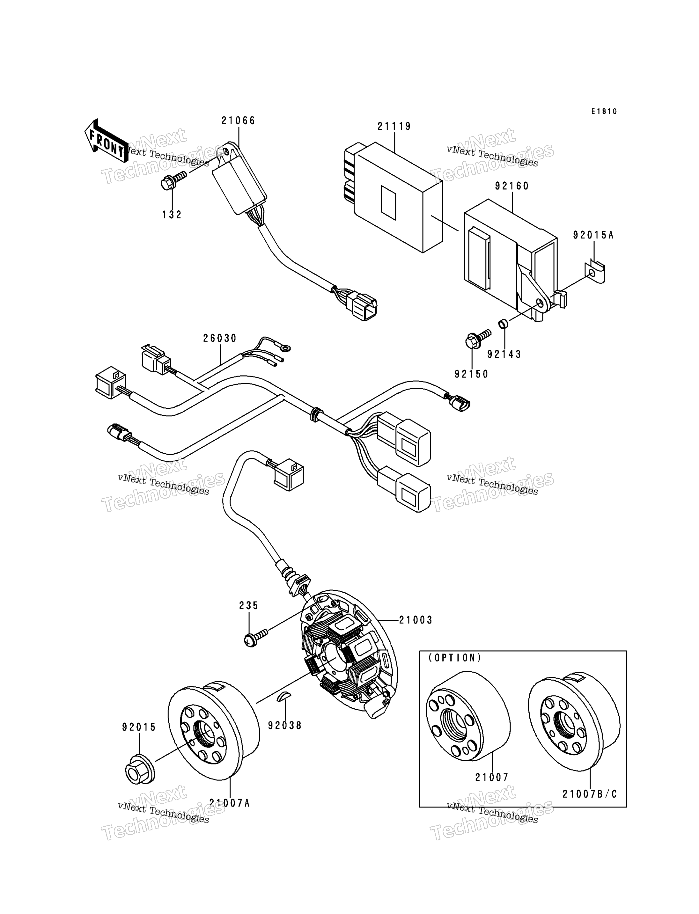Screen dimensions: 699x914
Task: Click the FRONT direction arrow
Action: click(x=106, y=141)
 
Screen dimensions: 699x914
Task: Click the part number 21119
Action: click(x=394, y=126)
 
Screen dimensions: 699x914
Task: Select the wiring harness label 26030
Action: click(x=220, y=338)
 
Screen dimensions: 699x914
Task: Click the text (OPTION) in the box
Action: click(x=455, y=658)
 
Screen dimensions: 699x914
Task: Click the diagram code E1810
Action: click(x=605, y=112)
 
